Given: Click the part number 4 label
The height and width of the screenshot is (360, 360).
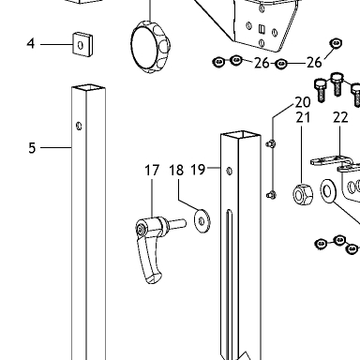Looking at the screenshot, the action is coord(30,43).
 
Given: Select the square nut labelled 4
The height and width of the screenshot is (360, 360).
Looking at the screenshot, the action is coord(82,44).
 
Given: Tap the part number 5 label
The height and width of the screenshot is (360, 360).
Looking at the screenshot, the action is coord(32,148).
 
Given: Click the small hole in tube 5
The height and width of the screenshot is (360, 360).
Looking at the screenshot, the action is coord(79,126).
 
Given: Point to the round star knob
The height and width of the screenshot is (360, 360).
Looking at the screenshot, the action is coord(150,47).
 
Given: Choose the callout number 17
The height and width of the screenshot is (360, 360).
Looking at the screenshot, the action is coord(152,171).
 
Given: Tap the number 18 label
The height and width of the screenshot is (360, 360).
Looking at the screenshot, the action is coord(176,171).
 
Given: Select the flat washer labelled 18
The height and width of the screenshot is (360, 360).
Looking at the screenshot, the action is coord(202,221).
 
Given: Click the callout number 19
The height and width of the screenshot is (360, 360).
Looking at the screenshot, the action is coord(198,170).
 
